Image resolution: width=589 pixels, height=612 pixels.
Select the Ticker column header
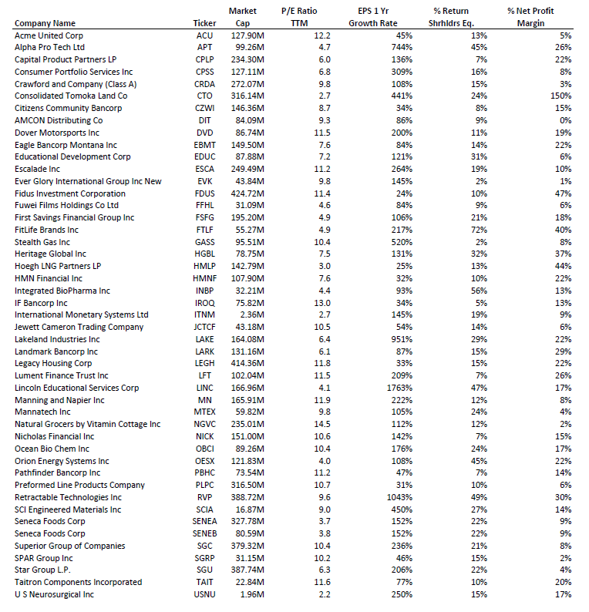pos(204,23)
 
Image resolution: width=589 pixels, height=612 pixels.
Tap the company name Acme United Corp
pos(49,35)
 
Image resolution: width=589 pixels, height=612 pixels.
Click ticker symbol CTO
pos(204,96)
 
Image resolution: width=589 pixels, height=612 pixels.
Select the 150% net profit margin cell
pos(560,96)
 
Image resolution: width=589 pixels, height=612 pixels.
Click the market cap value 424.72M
pos(250,193)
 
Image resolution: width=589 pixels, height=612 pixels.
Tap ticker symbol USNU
pos(204,594)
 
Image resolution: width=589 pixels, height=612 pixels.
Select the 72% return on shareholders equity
pos(479,230)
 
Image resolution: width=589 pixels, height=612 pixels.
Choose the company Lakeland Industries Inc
pos(57,339)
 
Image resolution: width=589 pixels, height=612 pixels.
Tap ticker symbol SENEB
pos(204,533)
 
